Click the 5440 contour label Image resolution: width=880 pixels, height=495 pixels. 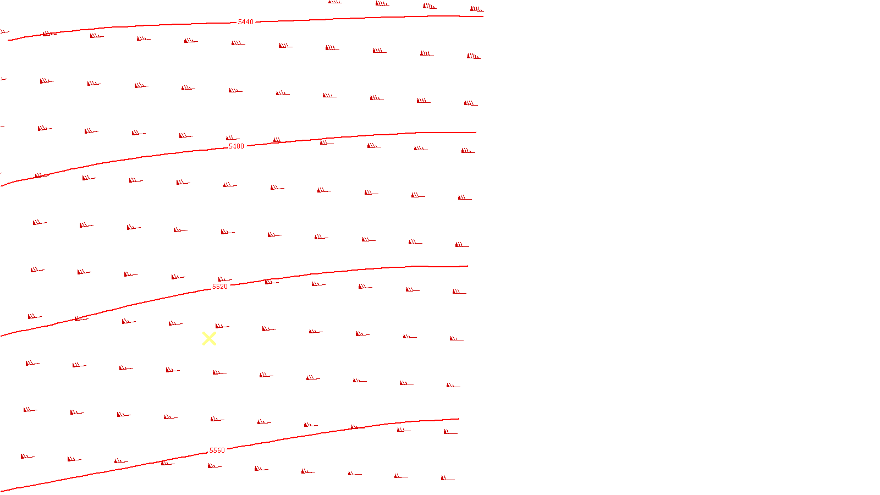[245, 22]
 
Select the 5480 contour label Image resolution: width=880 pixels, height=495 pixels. [236, 146]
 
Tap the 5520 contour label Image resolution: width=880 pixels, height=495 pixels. [219, 287]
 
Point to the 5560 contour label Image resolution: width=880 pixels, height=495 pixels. [217, 450]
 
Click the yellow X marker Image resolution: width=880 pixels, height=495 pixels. [209, 339]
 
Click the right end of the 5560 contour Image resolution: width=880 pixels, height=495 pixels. [458, 419]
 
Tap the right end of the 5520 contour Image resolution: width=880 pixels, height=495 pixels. [468, 266]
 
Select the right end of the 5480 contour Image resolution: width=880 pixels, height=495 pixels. [476, 133]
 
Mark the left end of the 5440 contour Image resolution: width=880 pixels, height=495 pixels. [9, 40]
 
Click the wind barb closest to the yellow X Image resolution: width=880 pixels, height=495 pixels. [221, 327]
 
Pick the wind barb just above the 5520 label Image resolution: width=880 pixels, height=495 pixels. [224, 280]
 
